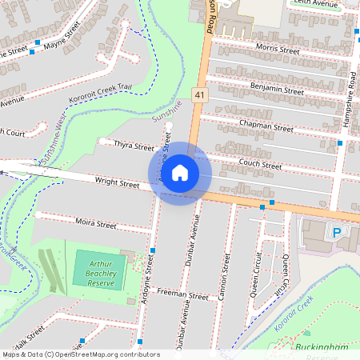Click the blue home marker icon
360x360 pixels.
click(180, 173)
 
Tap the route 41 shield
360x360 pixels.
click(199, 95)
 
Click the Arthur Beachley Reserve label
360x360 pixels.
click(101, 271)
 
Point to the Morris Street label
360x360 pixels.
click(277, 50)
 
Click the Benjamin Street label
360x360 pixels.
click(277, 88)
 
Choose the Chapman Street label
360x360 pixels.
click(266, 126)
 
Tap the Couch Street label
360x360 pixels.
click(260, 166)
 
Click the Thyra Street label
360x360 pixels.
click(134, 147)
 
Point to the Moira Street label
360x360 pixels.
click(95, 225)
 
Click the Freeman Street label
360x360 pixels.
click(182, 295)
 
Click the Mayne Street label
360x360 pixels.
click(62, 37)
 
